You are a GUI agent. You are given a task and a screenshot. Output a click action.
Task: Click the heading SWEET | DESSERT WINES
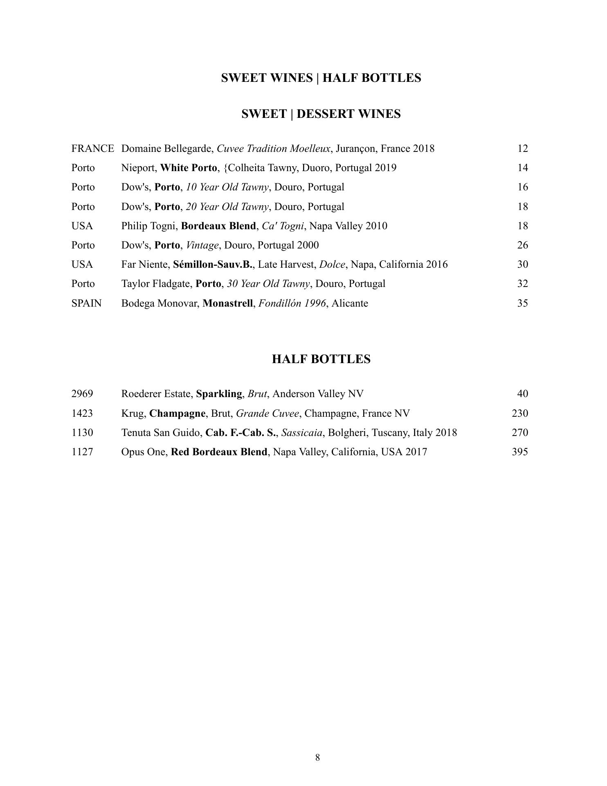pyautogui.click(x=321, y=114)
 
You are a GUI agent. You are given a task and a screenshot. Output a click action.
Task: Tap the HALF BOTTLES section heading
pyautogui.click(x=321, y=359)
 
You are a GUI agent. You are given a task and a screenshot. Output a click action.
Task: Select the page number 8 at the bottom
pyautogui.click(x=318, y=757)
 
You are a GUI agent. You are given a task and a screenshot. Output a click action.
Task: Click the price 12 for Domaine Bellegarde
pyautogui.click(x=522, y=149)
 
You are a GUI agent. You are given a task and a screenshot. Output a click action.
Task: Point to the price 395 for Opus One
pyautogui.click(x=519, y=452)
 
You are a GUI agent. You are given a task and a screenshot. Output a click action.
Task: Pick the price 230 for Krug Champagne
pyautogui.click(x=519, y=413)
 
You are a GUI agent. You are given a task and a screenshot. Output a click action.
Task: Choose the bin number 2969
pyautogui.click(x=82, y=394)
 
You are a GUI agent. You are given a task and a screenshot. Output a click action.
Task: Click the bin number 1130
pyautogui.click(x=82, y=433)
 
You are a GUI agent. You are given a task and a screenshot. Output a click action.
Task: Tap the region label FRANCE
pyautogui.click(x=92, y=149)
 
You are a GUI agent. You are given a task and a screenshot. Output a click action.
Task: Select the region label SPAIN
pyautogui.click(x=86, y=303)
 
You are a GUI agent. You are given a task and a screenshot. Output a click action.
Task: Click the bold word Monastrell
pyautogui.click(x=227, y=303)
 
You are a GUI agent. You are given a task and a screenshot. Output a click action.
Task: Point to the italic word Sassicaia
pyautogui.click(x=301, y=433)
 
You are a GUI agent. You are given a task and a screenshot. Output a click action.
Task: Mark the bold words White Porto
pyautogui.click(x=189, y=168)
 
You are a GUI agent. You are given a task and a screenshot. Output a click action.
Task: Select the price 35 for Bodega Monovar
pyautogui.click(x=522, y=303)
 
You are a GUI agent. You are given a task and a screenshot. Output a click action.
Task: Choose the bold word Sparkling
pyautogui.click(x=219, y=394)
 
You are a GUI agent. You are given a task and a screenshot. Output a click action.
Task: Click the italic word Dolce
pyautogui.click(x=332, y=264)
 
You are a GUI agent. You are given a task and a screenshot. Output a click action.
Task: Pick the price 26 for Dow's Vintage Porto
pyautogui.click(x=522, y=245)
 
